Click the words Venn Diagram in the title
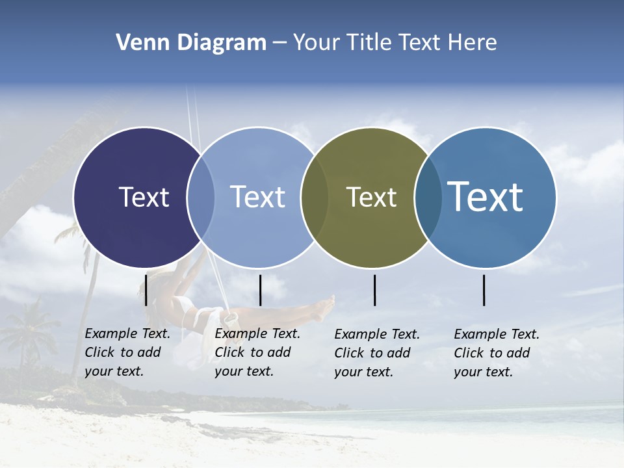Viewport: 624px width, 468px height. [190, 43]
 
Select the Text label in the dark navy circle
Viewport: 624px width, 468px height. [144, 197]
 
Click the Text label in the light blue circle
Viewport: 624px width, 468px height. [257, 197]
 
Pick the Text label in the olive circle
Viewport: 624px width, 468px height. [371, 197]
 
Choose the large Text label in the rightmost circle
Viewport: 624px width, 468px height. [486, 197]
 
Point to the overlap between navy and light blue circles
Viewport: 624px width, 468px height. [201, 198]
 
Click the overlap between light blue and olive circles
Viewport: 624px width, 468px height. [315, 198]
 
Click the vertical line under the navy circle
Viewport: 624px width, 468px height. [146, 290]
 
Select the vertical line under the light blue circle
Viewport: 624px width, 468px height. [260, 290]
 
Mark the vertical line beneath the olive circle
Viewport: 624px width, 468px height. [375, 290]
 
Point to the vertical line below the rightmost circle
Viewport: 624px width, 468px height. [484, 290]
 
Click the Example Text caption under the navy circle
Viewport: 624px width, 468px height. [127, 352]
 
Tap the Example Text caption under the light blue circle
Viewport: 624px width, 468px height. [257, 352]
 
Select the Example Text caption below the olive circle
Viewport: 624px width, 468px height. [377, 353]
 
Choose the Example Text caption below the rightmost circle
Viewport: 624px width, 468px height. [497, 353]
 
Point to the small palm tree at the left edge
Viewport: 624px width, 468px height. [26, 331]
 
